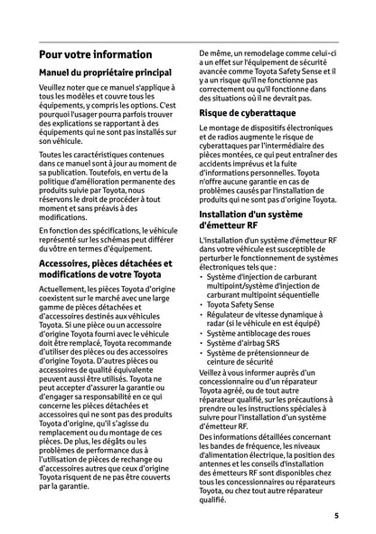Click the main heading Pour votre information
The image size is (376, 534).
(95, 54)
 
